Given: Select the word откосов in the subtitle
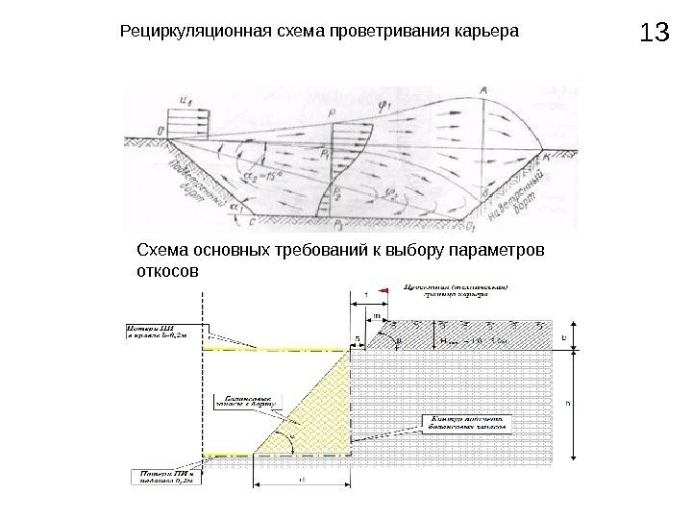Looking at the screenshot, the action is [168, 271].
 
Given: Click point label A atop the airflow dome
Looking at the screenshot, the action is [484, 89].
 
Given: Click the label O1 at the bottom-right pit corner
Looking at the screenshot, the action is [470, 226].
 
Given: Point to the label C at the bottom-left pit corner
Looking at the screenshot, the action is [251, 220].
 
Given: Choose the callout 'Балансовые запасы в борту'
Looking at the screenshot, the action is [237, 399].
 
